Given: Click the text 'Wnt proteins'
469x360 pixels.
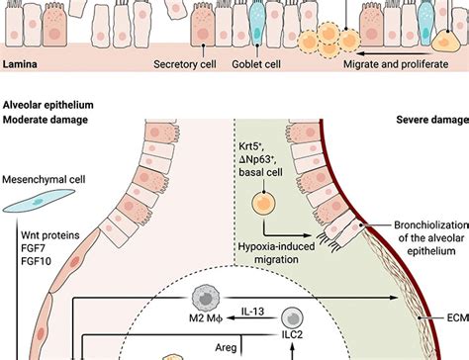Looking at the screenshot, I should tap(42, 236).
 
